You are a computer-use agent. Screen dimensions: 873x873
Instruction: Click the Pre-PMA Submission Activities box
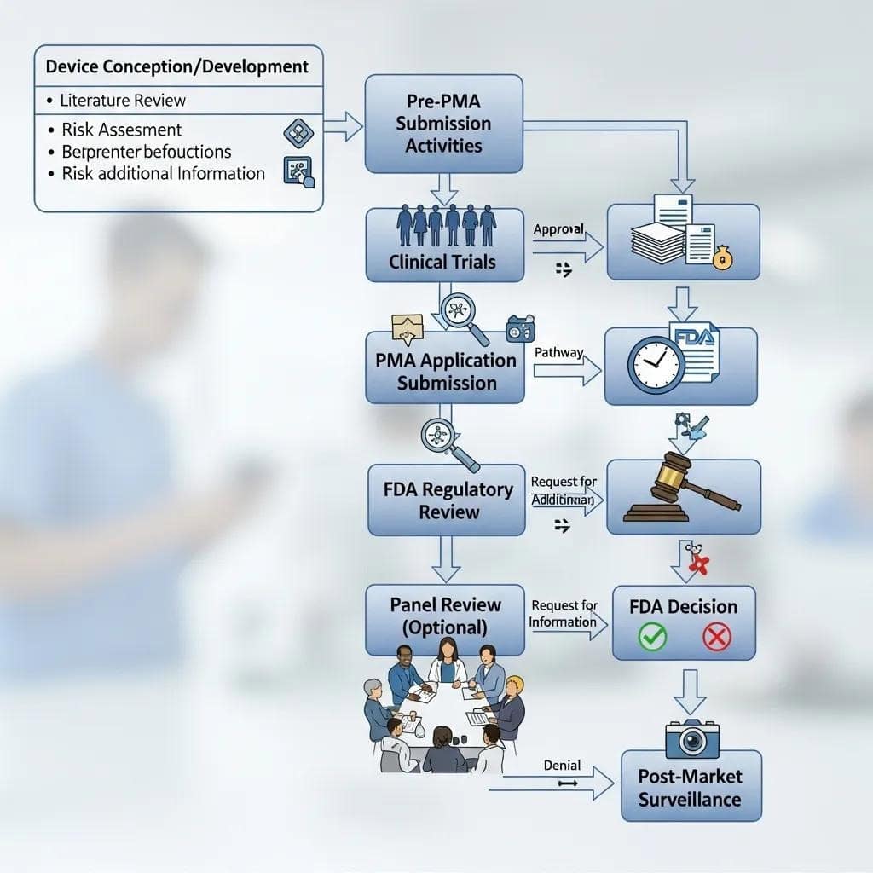coord(443,124)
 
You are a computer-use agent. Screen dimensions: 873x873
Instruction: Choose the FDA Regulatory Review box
coord(447,500)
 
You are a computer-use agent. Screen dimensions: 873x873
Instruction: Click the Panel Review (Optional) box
coord(445,616)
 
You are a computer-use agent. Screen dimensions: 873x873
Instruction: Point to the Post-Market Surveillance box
coord(691,788)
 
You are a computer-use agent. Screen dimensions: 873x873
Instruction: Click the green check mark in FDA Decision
coord(653,637)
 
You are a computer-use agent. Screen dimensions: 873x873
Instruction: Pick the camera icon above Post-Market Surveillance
coord(691,738)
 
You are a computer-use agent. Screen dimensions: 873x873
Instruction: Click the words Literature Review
coord(123,101)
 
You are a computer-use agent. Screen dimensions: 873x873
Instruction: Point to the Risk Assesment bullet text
coord(122,130)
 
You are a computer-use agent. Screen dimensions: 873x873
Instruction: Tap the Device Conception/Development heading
coord(177,66)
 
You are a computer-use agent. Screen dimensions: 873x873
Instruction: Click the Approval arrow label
coord(558,229)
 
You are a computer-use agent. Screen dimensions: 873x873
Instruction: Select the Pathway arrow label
coord(558,352)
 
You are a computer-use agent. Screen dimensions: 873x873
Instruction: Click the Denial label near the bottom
coord(561,766)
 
